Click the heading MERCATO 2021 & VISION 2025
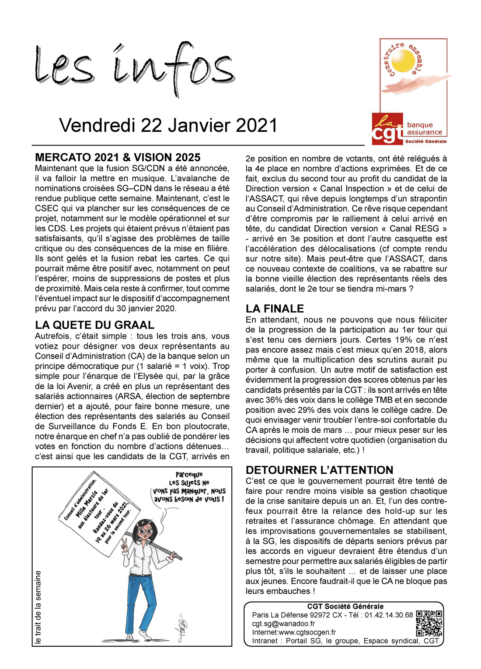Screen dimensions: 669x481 click(x=118, y=158)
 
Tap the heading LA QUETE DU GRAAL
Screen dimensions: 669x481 click(x=95, y=325)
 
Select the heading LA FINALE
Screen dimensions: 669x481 click(x=275, y=308)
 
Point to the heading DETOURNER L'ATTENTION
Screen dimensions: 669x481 click(x=319, y=470)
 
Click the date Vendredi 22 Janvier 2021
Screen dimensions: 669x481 click(x=168, y=126)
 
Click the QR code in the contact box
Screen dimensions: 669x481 click(x=429, y=623)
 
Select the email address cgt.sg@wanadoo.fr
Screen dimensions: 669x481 click(x=283, y=623)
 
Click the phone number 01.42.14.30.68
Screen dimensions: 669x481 click(x=389, y=615)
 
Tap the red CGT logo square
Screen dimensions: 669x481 click(x=387, y=129)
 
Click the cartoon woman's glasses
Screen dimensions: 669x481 click(x=145, y=531)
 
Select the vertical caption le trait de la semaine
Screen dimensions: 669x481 click(x=38, y=607)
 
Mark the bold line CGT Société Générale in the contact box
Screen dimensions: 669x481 click(x=345, y=606)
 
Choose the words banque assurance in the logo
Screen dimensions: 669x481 click(x=424, y=129)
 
